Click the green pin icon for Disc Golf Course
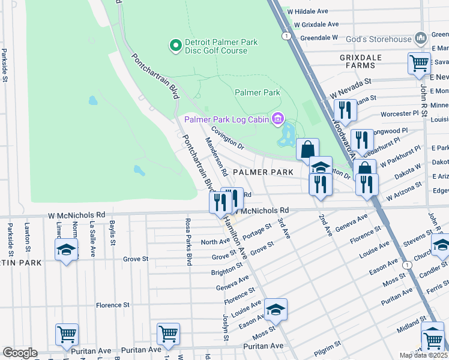point(175,46)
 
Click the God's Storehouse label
point(379,40)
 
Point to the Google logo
point(20,353)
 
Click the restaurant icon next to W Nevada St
point(345,110)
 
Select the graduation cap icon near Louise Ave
point(276,310)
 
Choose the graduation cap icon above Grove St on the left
point(66,250)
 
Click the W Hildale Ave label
point(309,11)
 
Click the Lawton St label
point(27,234)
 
